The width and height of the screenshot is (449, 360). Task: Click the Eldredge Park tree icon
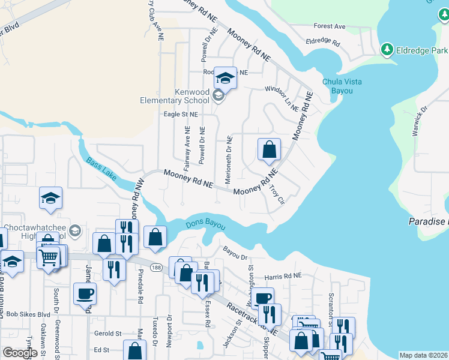388,49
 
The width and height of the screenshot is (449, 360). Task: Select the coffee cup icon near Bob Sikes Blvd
84,293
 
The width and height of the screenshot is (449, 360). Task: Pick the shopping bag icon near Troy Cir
270,149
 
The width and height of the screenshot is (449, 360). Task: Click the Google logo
20,353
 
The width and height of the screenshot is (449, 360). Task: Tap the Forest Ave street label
330,26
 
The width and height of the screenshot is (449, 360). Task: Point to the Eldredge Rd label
322,43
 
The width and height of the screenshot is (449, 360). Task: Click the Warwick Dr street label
419,122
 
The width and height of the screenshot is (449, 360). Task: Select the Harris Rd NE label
286,277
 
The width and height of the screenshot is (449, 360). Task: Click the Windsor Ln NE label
282,98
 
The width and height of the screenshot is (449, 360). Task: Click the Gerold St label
107,334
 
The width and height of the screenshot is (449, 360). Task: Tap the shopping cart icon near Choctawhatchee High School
48,258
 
